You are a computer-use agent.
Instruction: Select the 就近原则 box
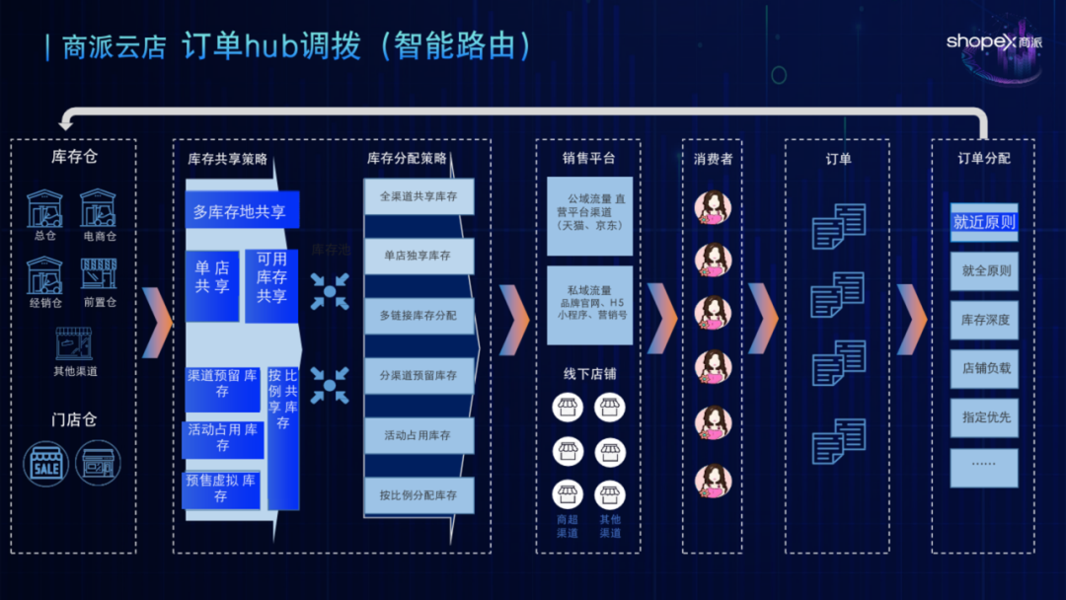984,222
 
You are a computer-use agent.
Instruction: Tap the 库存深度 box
984,320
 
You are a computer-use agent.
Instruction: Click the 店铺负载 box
984,368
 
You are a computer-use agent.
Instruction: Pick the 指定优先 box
984,417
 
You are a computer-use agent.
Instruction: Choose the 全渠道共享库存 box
419,196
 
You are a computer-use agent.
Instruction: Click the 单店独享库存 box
419,256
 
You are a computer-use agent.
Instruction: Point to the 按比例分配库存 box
419,495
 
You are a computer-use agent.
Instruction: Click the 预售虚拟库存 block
221,488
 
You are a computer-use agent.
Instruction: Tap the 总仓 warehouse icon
44,209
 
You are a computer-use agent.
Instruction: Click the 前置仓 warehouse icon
99,275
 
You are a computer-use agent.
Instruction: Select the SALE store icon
45,463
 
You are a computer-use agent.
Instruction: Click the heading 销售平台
588,158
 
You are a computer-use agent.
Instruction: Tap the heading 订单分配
983,158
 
